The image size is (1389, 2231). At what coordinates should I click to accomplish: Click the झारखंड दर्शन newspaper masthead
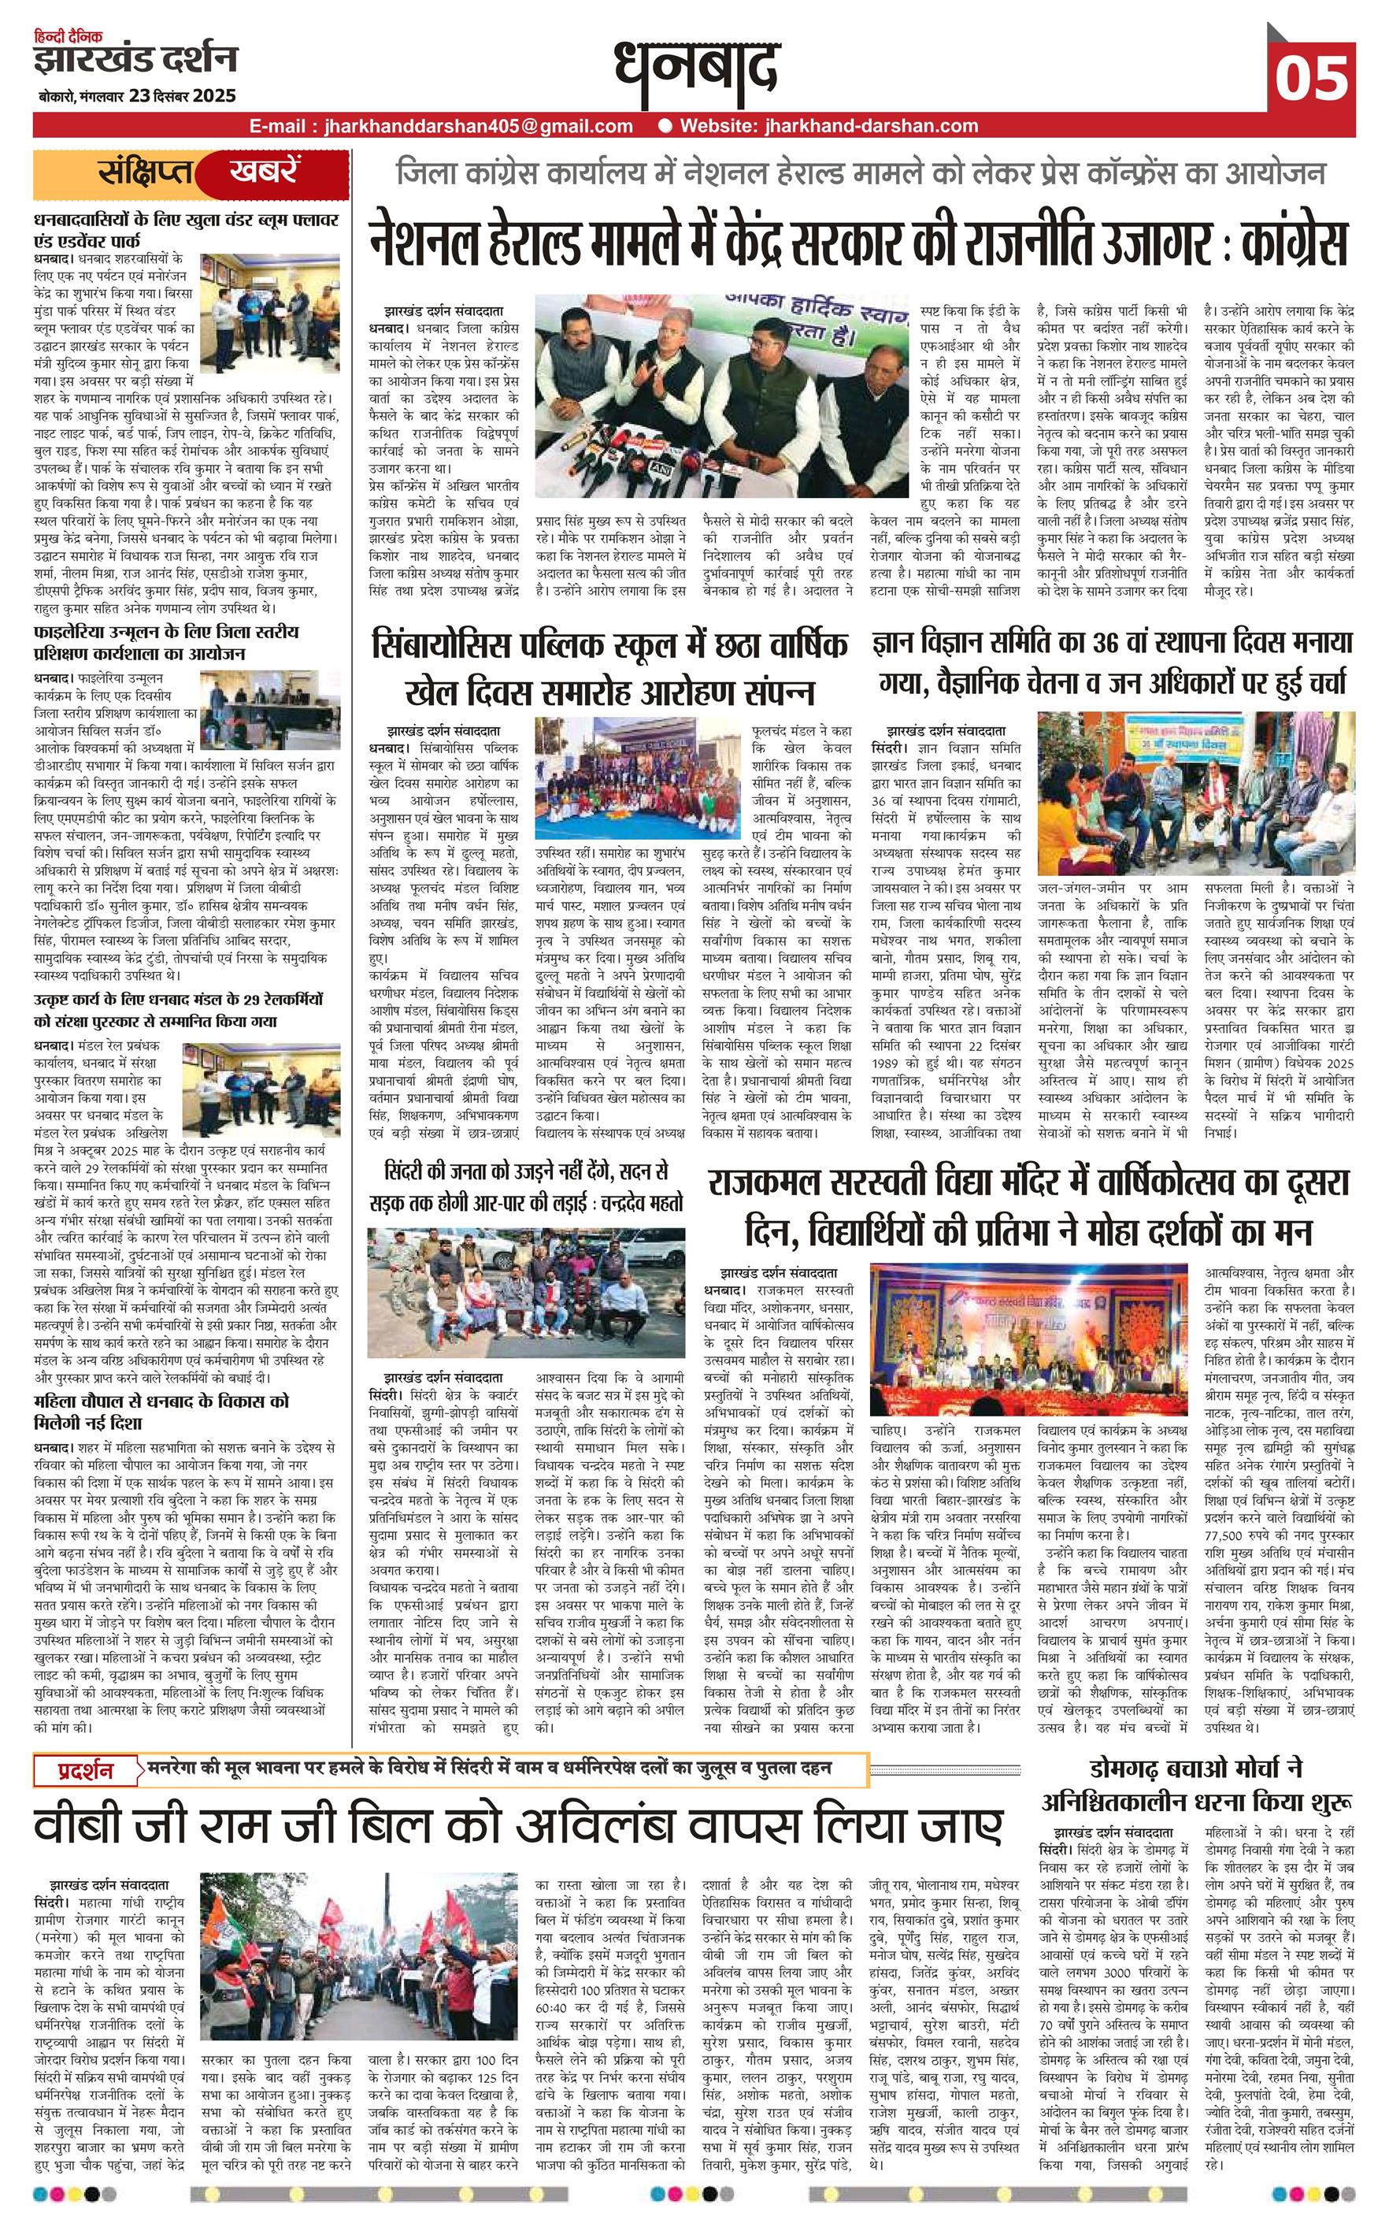click(135, 60)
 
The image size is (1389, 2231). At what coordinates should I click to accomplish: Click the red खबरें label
click(265, 173)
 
